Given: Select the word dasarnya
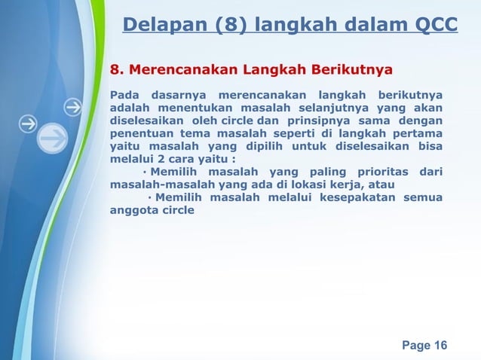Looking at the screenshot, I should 177,95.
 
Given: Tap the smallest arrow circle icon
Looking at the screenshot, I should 73,108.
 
